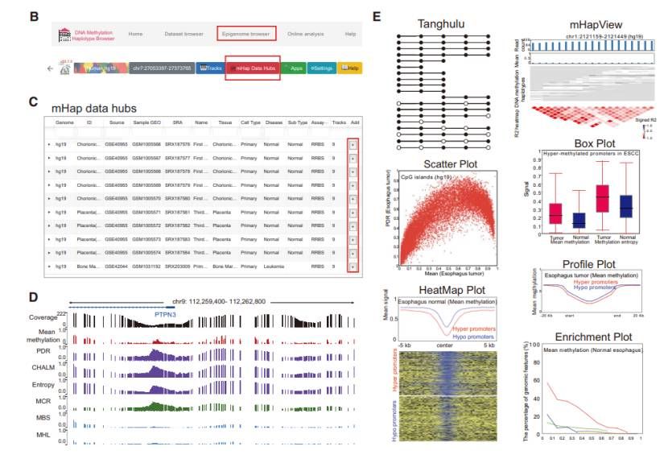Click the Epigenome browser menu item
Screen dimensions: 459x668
(x=246, y=34)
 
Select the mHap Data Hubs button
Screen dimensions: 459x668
(x=252, y=68)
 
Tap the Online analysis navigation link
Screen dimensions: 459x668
(x=305, y=34)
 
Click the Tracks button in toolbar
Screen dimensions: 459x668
(x=210, y=68)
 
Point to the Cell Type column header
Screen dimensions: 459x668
(x=250, y=122)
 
